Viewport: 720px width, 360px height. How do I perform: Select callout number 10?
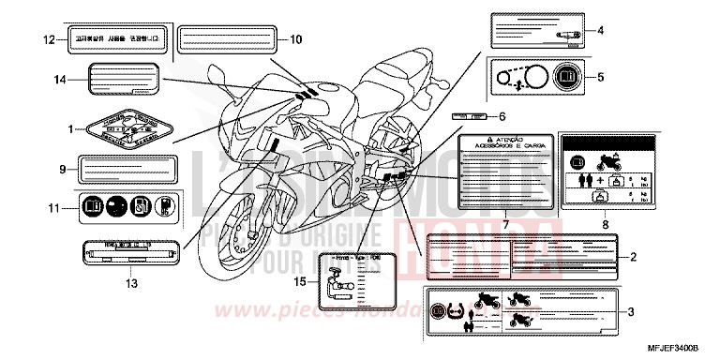pos(296,39)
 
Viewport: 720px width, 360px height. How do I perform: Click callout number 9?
pos(62,170)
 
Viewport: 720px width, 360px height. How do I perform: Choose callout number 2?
pos(634,255)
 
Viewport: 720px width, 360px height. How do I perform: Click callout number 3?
pos(634,311)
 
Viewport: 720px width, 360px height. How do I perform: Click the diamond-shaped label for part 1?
pos(122,128)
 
